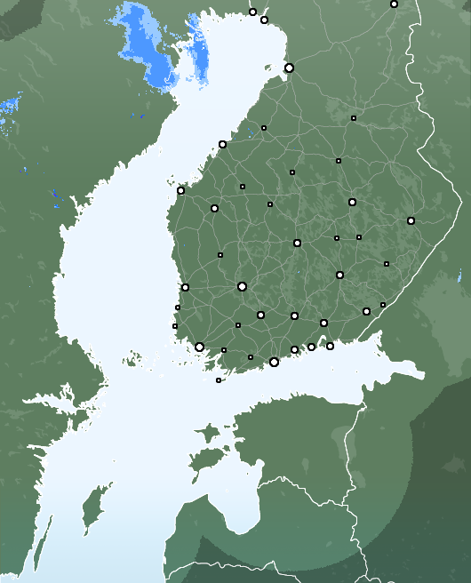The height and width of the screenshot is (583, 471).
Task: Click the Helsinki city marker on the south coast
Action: pyautogui.click(x=274, y=362)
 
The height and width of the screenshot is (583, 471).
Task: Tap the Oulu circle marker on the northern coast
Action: pyautogui.click(x=289, y=68)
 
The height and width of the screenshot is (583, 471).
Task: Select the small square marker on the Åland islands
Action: pyautogui.click(x=219, y=380)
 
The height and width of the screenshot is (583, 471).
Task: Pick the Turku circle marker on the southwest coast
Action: pyautogui.click(x=199, y=347)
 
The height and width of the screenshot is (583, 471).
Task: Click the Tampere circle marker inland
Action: pyautogui.click(x=242, y=286)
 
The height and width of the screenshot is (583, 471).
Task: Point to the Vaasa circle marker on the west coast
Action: pyautogui.click(x=180, y=190)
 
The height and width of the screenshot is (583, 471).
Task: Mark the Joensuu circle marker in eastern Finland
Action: pyautogui.click(x=411, y=220)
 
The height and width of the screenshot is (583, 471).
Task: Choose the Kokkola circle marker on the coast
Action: pyautogui.click(x=222, y=144)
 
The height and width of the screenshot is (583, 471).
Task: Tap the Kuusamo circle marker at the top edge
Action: pyautogui.click(x=394, y=4)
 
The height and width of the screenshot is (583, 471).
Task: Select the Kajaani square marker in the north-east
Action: pyautogui.click(x=353, y=118)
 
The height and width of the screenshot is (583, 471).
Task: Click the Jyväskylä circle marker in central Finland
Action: pyautogui.click(x=297, y=243)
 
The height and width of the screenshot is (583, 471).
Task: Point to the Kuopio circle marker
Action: pyautogui.click(x=352, y=202)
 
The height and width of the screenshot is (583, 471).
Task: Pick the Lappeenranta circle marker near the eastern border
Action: pyautogui.click(x=366, y=311)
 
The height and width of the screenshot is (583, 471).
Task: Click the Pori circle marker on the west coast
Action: pyautogui.click(x=185, y=287)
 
